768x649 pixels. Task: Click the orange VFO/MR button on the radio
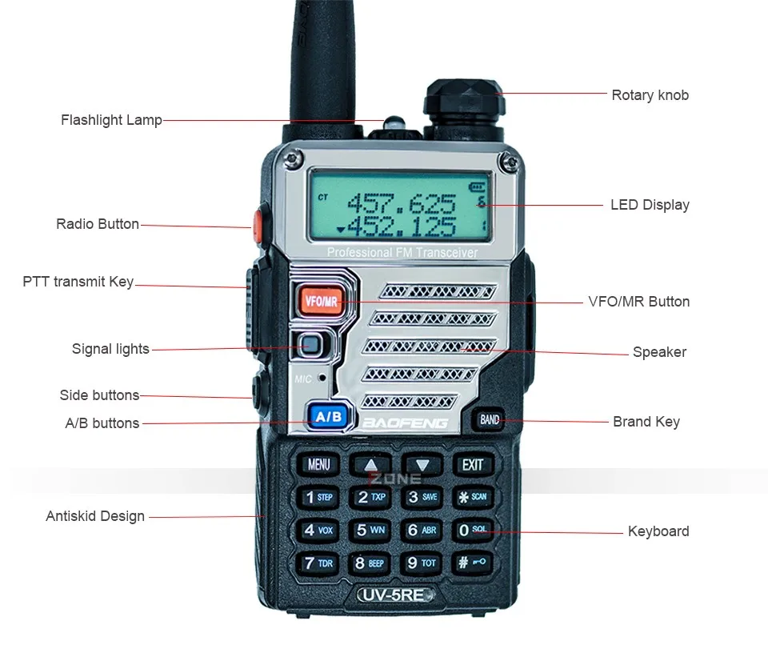pos(322,301)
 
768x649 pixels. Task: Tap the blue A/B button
pos(328,416)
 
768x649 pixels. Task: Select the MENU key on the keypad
pos(318,464)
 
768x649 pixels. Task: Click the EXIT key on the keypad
pos(472,464)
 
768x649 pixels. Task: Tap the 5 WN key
pos(370,530)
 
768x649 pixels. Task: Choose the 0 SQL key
pos(472,530)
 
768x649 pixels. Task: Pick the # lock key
pos(472,563)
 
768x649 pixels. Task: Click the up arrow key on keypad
pos(370,464)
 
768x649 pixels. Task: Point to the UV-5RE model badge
pos(395,595)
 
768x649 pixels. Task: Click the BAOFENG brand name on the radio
pos(406,423)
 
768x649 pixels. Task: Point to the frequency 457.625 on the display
pos(412,202)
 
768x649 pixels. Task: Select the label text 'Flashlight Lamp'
pos(111,120)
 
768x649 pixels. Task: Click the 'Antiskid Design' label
pos(95,516)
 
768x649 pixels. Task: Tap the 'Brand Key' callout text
pos(646,422)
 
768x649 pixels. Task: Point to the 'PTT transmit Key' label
pos(78,282)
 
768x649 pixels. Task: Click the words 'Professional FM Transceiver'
pos(402,253)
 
